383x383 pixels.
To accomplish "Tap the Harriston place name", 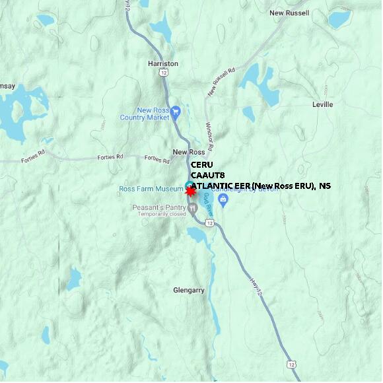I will [x=163, y=63].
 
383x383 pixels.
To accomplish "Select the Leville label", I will [x=322, y=104].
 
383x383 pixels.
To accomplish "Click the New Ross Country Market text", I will [x=145, y=114].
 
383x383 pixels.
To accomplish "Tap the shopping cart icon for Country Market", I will [x=175, y=112].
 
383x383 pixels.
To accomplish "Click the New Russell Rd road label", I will [x=221, y=81].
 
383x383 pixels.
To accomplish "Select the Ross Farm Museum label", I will [x=151, y=188].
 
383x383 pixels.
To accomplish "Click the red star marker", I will [x=191, y=191].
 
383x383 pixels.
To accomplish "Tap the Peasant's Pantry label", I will [x=158, y=207].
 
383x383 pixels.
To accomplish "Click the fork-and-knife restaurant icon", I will [x=193, y=209].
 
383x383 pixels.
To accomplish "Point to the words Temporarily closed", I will [x=159, y=215].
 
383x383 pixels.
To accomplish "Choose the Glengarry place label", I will [x=188, y=290].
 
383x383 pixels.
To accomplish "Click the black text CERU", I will [x=201, y=165].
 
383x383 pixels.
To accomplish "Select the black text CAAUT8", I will [x=207, y=175].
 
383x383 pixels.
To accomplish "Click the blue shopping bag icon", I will [x=223, y=199].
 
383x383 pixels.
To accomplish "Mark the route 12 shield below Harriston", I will [x=162, y=73].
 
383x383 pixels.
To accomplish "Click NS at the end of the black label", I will [x=324, y=186].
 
